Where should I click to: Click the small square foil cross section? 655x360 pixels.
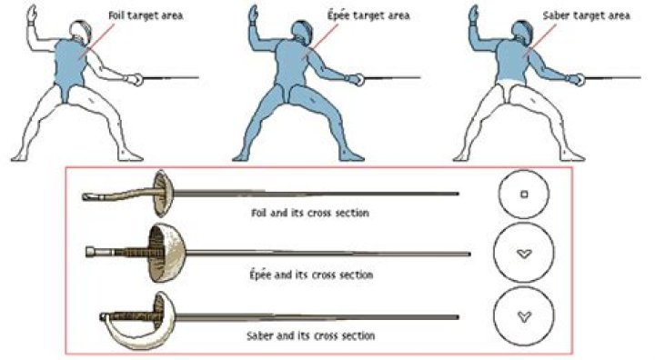click(524, 194)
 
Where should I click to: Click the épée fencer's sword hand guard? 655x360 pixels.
click(360, 80)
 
